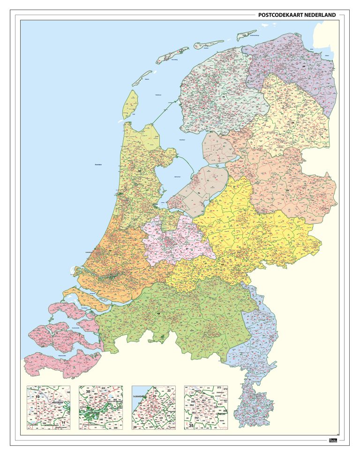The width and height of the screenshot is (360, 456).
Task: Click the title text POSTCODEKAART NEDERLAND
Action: (x=297, y=15)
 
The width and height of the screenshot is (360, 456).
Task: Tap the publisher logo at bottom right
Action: (x=333, y=441)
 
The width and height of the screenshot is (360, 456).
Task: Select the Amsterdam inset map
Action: (x=49, y=408)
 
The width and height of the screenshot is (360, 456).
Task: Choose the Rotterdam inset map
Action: (x=101, y=408)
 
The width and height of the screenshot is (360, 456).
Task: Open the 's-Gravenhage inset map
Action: (x=154, y=408)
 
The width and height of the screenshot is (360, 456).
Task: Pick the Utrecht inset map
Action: (x=206, y=408)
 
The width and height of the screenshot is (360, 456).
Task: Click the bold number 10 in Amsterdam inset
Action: (x=37, y=397)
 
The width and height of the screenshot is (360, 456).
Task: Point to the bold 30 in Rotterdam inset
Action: (x=88, y=391)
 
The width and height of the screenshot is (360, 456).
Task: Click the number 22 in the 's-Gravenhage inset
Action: (x=169, y=390)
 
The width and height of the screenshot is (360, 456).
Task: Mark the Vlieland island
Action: (x=142, y=78)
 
